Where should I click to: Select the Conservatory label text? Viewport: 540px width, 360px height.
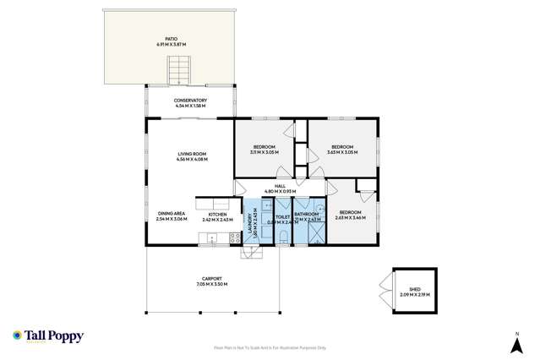190,103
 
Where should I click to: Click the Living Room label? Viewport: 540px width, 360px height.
191,156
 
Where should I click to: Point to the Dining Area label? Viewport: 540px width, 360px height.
172,215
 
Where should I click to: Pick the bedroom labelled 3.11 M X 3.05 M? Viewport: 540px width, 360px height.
265,150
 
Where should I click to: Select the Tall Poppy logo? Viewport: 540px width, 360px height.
48,335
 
